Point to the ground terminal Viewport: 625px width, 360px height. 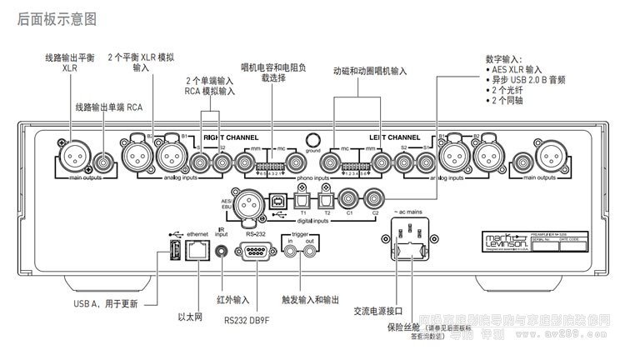pyautogui.click(x=313, y=141)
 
